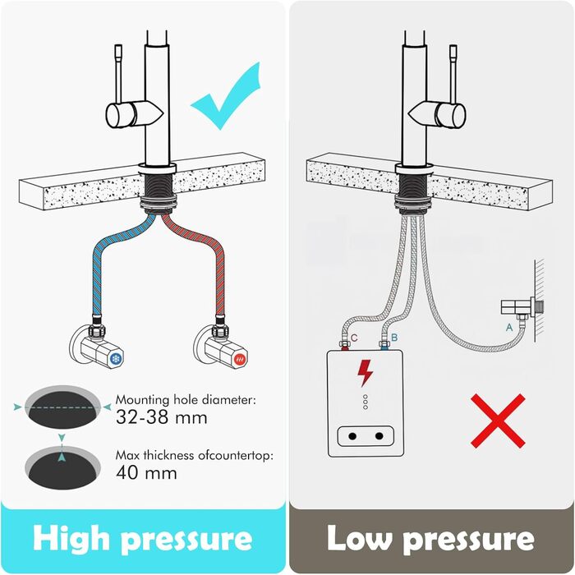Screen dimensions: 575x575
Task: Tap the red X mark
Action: [498, 421]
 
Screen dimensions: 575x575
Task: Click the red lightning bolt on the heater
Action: [366, 373]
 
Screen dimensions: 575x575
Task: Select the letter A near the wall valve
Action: [509, 327]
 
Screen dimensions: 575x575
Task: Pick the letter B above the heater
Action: [394, 338]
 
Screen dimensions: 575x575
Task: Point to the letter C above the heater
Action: [354, 338]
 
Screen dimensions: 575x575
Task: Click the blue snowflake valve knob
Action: [116, 358]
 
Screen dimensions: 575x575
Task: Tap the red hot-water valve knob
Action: [240, 358]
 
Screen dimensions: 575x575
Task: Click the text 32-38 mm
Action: [162, 417]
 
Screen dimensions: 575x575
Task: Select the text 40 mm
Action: [146, 472]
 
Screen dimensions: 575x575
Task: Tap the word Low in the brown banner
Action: [360, 538]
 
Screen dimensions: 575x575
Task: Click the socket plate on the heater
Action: [366, 436]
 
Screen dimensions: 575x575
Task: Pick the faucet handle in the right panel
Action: [437, 113]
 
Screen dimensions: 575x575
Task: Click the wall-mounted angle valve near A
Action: [522, 308]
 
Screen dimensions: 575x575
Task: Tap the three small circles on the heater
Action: [366, 402]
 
